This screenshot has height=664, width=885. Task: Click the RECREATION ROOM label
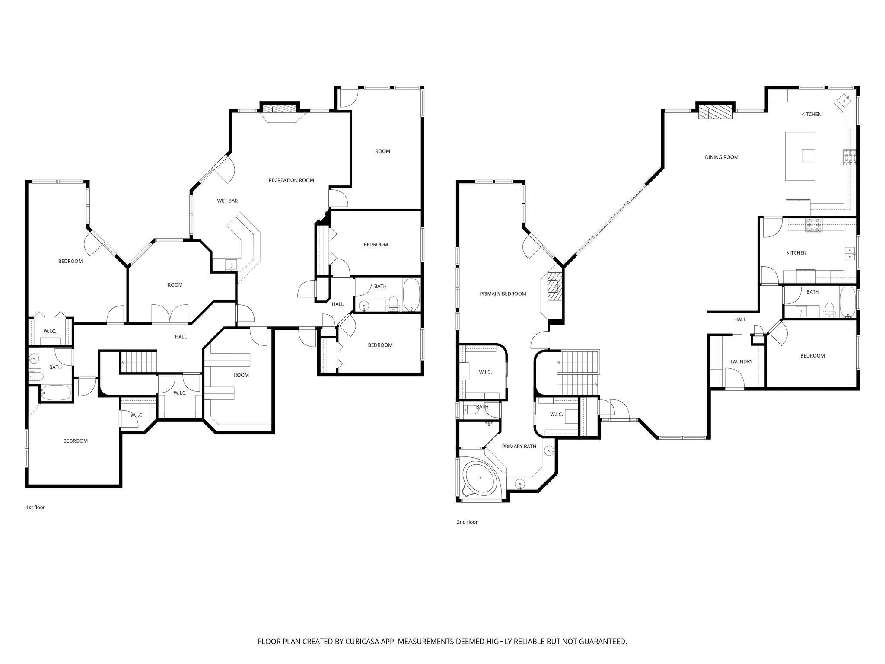tap(291, 180)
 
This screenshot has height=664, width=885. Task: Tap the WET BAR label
tap(227, 201)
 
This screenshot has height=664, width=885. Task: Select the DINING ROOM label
tap(721, 157)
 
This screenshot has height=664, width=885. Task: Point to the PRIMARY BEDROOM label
tap(503, 294)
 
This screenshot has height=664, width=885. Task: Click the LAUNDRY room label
tap(741, 361)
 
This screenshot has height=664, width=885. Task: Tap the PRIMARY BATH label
tap(519, 447)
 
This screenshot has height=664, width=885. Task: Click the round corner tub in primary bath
tap(480, 478)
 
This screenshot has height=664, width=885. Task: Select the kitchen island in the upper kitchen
tap(800, 156)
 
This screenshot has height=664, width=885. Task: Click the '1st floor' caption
tap(35, 508)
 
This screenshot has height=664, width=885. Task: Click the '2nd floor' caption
tap(467, 522)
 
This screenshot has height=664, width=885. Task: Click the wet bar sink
tap(231, 264)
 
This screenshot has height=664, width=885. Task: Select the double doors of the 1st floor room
tap(170, 313)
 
